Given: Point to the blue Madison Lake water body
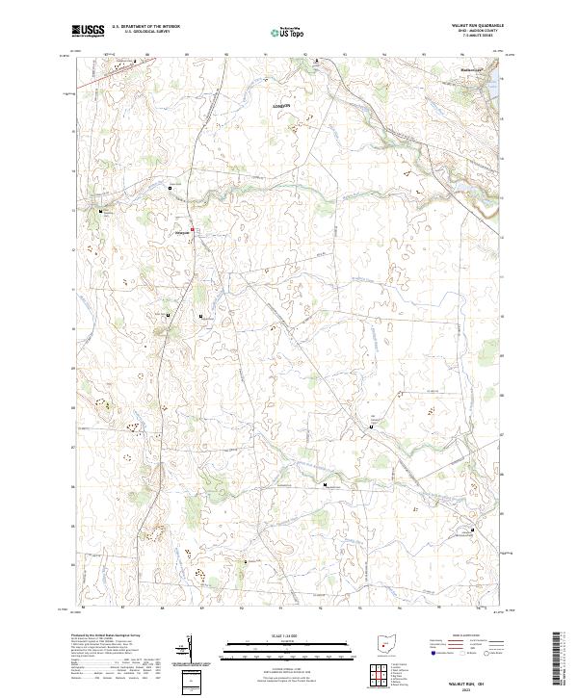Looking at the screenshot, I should click(x=495, y=77).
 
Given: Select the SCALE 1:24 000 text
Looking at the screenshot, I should click(x=289, y=635).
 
